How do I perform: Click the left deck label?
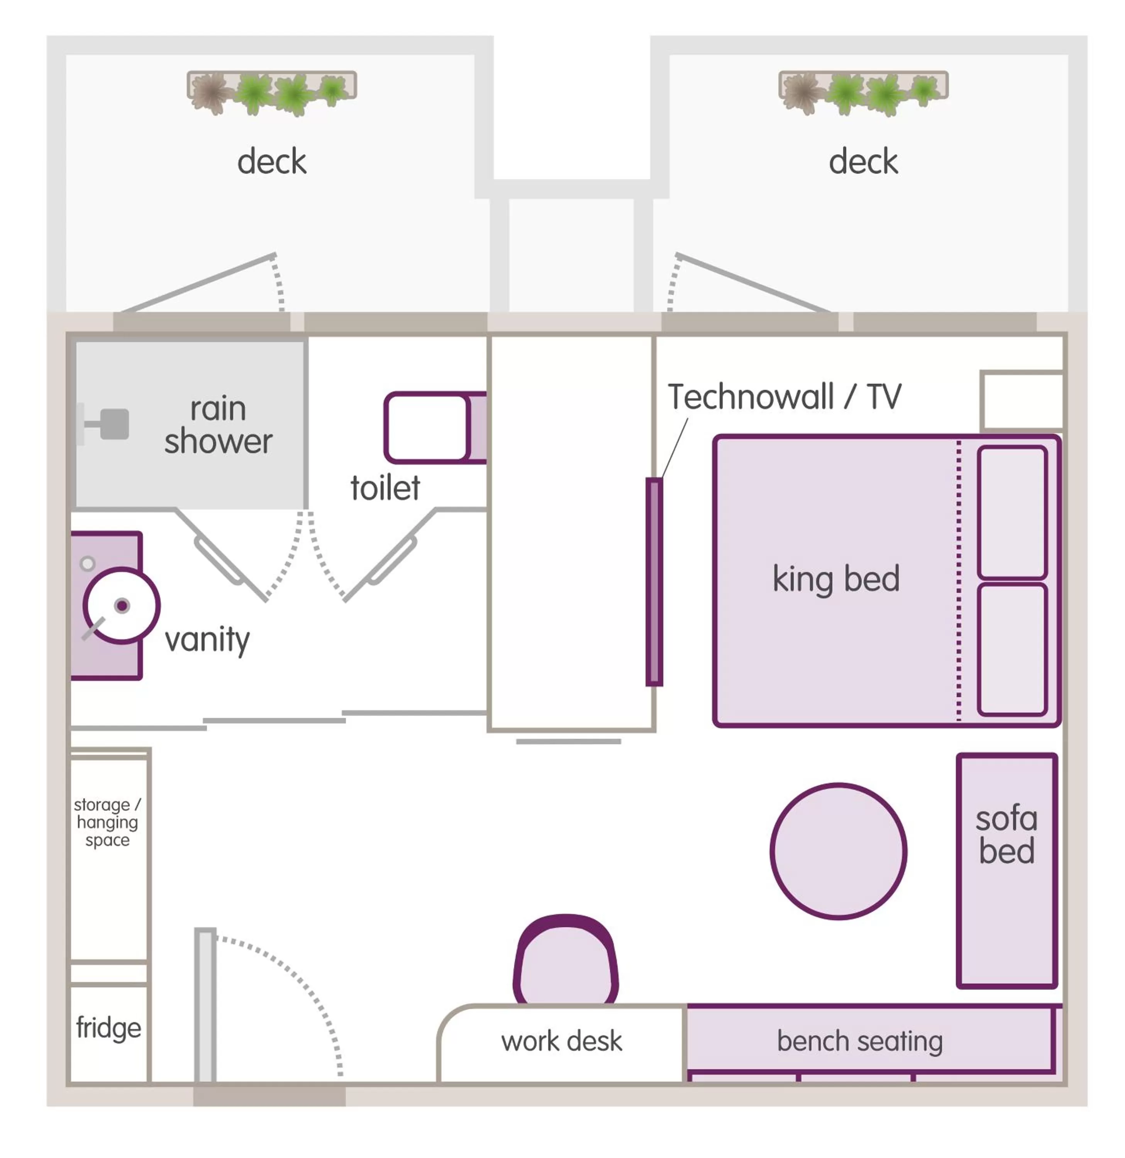pyautogui.click(x=272, y=162)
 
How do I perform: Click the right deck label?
pyautogui.click(x=863, y=162)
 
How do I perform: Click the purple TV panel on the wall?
pyautogui.click(x=654, y=582)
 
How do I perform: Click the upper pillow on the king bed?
pyautogui.click(x=1012, y=512)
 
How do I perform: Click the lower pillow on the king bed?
pyautogui.click(x=1012, y=649)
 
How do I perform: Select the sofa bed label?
pyautogui.click(x=1006, y=835)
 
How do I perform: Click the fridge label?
pyautogui.click(x=109, y=1028)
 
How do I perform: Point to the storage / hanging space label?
pyautogui.click(x=108, y=822)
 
